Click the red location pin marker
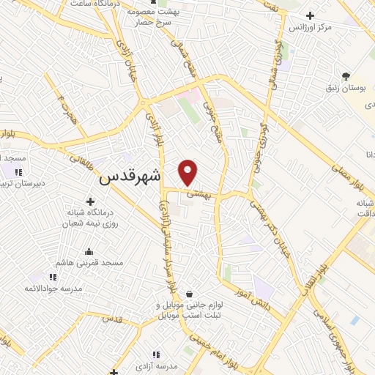(x=188, y=171)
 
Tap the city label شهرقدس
(x=129, y=177)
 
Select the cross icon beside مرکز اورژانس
(x=311, y=15)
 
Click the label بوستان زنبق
(x=346, y=88)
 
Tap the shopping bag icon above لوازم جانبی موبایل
(x=190, y=294)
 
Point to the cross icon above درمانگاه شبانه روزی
(x=91, y=201)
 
